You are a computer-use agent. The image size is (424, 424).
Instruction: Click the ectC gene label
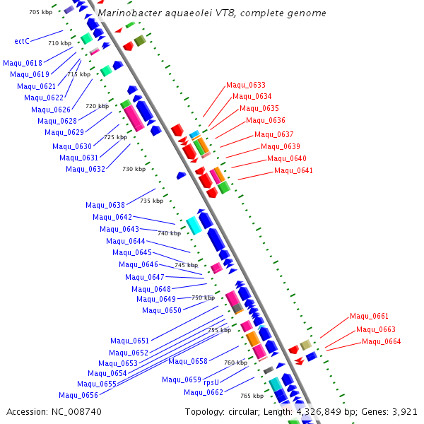point(22,41)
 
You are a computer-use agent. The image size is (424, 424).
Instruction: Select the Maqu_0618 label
point(23,63)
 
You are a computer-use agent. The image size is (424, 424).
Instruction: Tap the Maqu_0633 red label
point(246,86)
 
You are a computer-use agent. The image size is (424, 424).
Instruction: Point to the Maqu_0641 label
point(293,171)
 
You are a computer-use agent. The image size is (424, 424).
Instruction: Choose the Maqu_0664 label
point(381,342)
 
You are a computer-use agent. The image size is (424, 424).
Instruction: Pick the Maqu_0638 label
point(105,206)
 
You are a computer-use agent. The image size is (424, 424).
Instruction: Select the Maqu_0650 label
point(161,311)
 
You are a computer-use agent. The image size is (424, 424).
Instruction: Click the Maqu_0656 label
point(78,396)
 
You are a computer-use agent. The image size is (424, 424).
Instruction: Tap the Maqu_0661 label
point(369,317)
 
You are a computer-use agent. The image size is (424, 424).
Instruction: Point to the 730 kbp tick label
point(134,169)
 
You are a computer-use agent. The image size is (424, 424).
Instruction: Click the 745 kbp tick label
point(186,265)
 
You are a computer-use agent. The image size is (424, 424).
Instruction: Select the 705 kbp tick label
point(40,13)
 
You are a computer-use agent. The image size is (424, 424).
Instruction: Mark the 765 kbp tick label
point(252,396)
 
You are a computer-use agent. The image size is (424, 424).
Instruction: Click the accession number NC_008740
point(73,411)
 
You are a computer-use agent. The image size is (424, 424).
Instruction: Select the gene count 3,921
point(404,411)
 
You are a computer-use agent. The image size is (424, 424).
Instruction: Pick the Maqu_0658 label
point(188,362)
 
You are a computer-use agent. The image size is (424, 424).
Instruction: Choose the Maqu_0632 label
point(86,169)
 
